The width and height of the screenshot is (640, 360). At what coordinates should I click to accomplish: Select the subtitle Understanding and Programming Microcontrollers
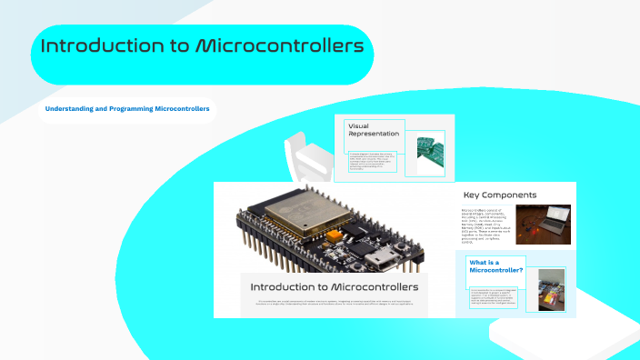pos(128,109)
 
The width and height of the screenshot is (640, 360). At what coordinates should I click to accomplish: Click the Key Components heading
pos(499,195)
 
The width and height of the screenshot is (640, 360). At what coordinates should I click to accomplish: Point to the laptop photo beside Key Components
pos(543,225)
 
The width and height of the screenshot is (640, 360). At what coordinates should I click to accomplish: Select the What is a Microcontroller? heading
pos(495,265)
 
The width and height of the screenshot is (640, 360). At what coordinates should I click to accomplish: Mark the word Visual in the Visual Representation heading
pos(358,126)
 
